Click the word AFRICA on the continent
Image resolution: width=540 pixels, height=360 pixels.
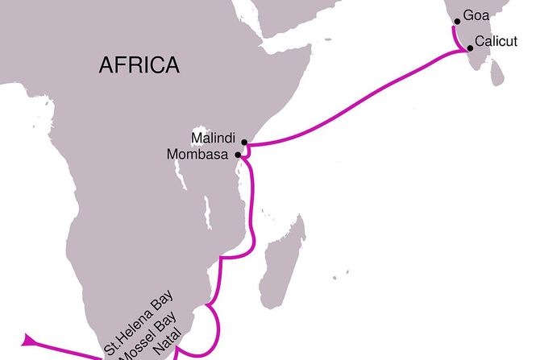coord(139,65)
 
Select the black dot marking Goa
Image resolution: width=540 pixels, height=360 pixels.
coord(458,22)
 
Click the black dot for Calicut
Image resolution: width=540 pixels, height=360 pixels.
coord(470,48)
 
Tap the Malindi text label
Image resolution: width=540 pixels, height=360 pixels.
coord(214,137)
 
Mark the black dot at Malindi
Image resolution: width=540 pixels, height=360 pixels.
coord(243,142)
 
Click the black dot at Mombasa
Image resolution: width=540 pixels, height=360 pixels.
coord(238,155)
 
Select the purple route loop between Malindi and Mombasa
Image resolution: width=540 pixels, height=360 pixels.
coord(249,151)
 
